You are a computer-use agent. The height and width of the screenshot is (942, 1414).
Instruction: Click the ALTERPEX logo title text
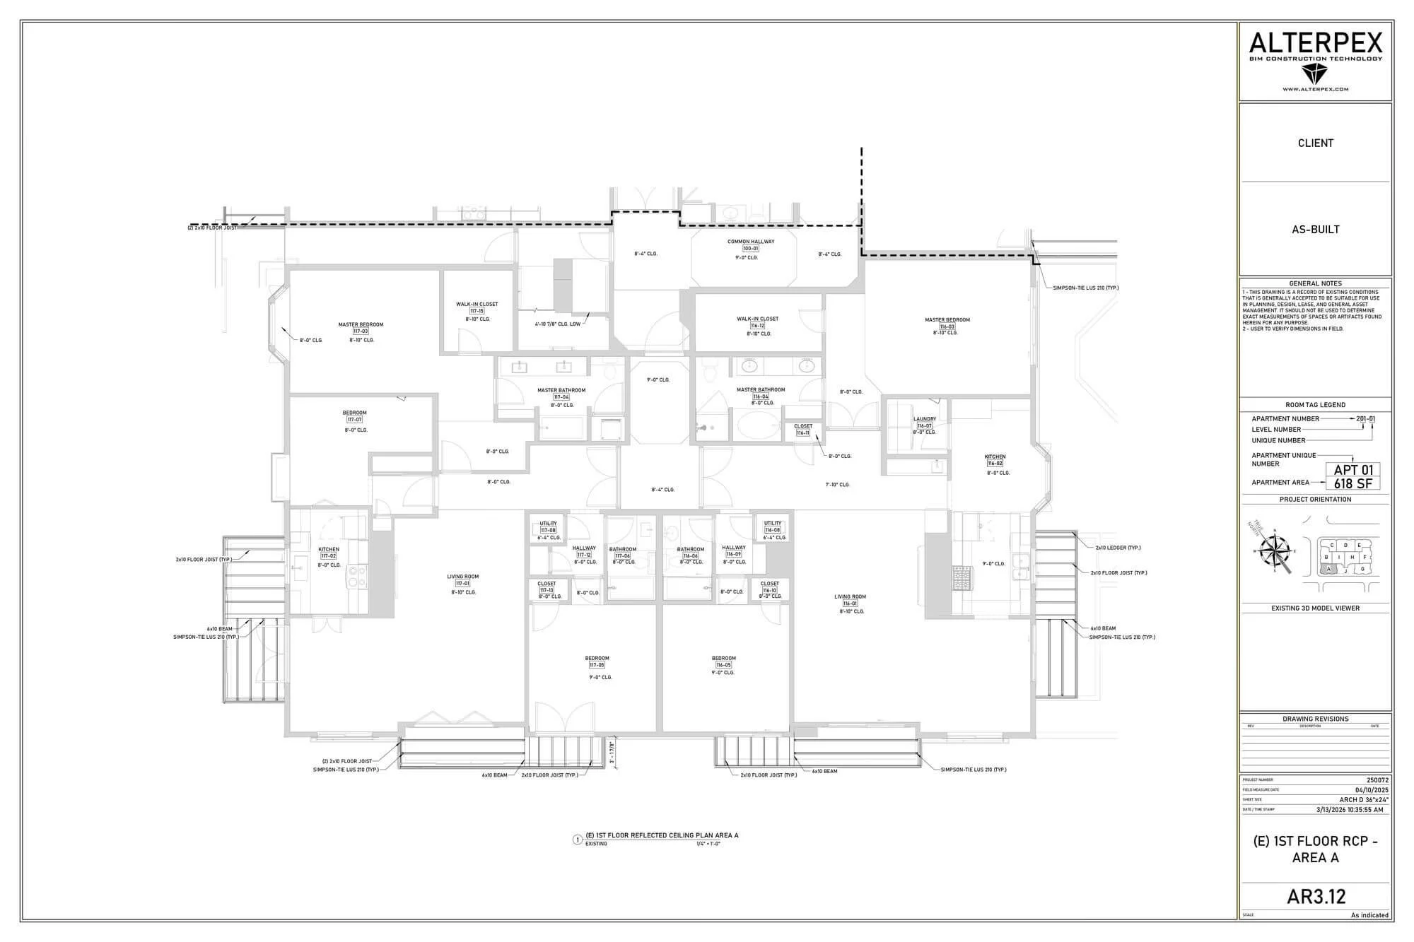tap(1315, 44)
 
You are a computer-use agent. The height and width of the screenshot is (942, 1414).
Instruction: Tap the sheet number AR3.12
tap(1316, 896)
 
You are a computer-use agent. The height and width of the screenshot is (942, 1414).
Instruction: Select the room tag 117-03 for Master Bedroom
tap(361, 331)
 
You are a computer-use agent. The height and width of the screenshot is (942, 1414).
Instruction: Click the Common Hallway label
tap(751, 242)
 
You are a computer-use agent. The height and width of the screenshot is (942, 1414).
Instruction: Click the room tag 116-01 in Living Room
tap(849, 604)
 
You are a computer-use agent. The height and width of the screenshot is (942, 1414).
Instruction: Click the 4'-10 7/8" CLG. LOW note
tap(558, 324)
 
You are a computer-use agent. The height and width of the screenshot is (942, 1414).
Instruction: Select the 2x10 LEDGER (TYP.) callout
tap(1118, 548)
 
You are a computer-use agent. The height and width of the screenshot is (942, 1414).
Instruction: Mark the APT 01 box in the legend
tap(1352, 470)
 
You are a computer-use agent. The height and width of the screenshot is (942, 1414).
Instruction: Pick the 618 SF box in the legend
tap(1352, 483)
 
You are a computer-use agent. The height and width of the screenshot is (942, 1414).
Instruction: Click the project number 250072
tap(1377, 780)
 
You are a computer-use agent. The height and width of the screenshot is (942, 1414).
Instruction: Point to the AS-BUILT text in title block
tap(1315, 229)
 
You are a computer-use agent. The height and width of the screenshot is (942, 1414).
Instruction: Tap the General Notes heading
tap(1315, 283)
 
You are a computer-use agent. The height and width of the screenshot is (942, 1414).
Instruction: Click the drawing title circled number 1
tap(578, 840)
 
